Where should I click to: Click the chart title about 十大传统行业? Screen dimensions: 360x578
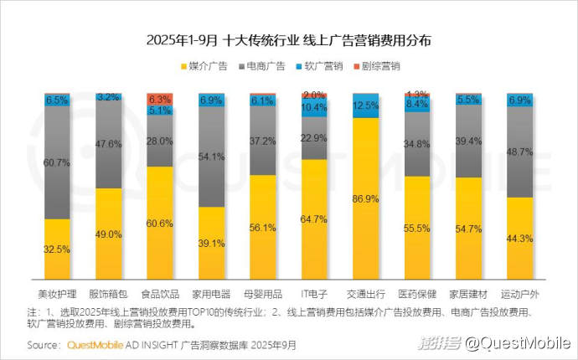pos(289,39)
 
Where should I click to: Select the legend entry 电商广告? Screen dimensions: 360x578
pos(262,65)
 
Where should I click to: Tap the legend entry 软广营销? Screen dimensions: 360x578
pos(321,65)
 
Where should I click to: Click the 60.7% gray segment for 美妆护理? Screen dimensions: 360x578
pos(57,162)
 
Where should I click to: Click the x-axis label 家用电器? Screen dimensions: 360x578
pos(212,295)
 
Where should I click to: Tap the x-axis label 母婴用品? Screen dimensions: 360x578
pos(263,295)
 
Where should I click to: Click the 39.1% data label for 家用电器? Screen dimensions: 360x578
pos(212,243)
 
